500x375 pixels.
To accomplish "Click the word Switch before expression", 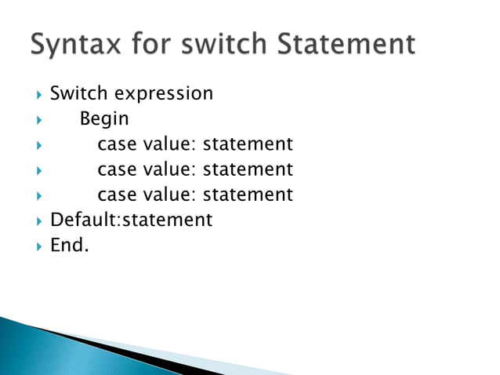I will (x=79, y=93).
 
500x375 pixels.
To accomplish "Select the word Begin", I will (x=104, y=120).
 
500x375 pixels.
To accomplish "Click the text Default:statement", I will (x=131, y=220).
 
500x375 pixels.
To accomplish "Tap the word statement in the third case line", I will (x=248, y=195).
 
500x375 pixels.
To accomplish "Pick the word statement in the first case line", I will (x=248, y=144).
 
